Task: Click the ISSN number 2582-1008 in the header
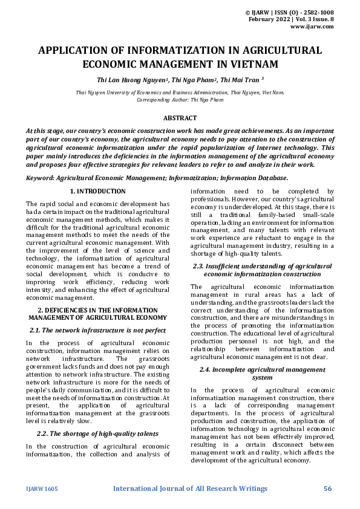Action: (317, 12)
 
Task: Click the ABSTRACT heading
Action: (180, 119)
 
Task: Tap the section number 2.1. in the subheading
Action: (38, 330)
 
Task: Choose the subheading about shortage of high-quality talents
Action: (97, 433)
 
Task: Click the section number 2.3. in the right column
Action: (201, 266)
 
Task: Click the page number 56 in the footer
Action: (329, 488)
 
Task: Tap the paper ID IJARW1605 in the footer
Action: (42, 488)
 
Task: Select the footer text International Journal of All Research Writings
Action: (190, 488)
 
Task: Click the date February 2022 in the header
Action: (269, 19)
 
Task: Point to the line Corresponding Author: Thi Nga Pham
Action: (180, 99)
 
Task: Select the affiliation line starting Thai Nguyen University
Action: (180, 92)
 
